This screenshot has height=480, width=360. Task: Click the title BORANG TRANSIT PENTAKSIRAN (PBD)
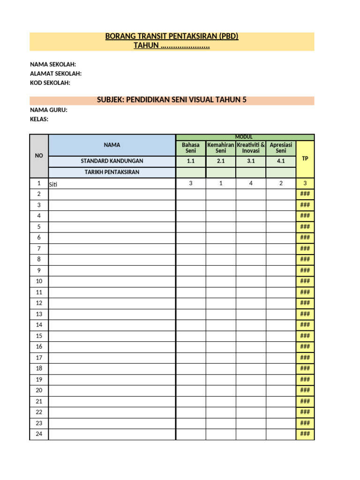[172, 37]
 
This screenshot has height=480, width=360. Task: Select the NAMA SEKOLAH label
[53, 64]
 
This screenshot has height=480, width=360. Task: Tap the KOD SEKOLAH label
[50, 82]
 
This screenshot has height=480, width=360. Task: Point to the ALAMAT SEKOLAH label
[56, 74]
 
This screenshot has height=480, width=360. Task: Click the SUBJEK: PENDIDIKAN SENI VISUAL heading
[172, 100]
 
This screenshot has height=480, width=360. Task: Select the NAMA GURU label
[49, 110]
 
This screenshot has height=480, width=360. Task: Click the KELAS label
[39, 119]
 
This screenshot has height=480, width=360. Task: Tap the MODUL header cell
[244, 136]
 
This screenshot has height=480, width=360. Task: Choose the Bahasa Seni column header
[191, 148]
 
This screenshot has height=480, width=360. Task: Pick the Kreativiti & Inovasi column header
[251, 148]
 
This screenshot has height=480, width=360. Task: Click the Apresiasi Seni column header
[281, 148]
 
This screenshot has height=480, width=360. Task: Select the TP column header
[305, 158]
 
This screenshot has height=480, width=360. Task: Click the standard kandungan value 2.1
[221, 161]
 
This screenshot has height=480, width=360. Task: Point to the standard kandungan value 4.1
[281, 161]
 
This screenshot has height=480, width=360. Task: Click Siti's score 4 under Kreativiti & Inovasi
[251, 183]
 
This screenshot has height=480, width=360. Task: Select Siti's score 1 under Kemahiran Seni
[221, 183]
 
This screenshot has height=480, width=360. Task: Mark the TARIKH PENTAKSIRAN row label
[112, 172]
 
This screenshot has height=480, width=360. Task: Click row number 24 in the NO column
[39, 434]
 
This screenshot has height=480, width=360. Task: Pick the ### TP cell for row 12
[305, 303]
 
